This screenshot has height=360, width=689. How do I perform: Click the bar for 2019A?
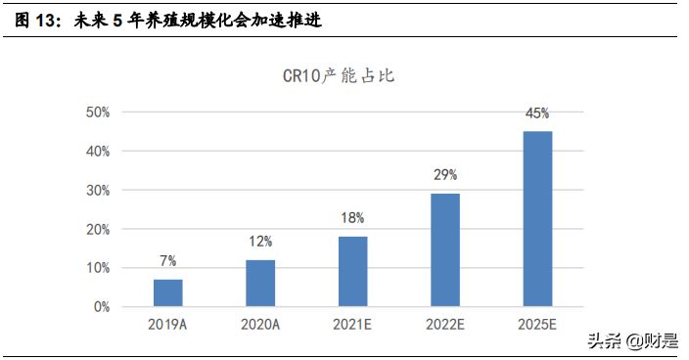tap(167, 292)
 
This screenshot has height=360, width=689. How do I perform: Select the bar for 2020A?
tap(260, 283)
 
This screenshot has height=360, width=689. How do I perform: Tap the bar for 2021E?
tap(352, 271)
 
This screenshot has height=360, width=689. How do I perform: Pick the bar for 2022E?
tap(445, 249)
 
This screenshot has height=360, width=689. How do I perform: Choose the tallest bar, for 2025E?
tap(537, 218)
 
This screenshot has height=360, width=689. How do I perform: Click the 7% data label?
tap(167, 261)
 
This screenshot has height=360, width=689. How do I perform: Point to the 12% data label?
tap(260, 242)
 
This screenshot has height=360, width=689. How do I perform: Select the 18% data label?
tap(352, 218)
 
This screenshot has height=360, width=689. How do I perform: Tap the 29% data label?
tap(445, 175)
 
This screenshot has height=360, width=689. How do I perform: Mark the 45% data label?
tap(537, 113)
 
